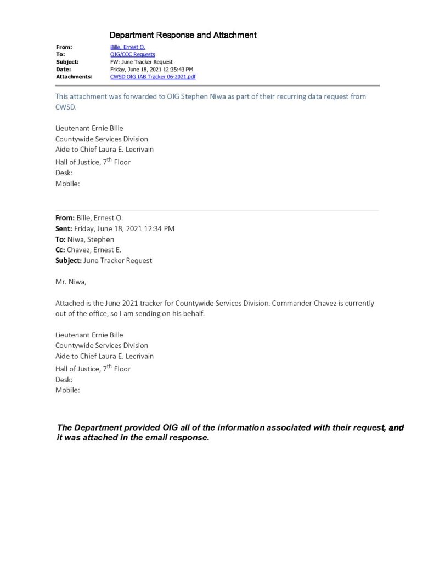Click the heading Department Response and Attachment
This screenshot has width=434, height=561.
tap(183, 36)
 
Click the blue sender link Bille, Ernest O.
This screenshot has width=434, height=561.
tap(127, 48)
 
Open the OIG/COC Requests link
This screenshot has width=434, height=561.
tap(132, 55)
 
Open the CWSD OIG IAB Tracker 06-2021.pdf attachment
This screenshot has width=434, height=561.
tap(153, 77)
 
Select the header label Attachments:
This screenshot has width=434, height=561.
tap(74, 77)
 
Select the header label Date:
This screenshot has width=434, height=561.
tap(64, 70)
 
